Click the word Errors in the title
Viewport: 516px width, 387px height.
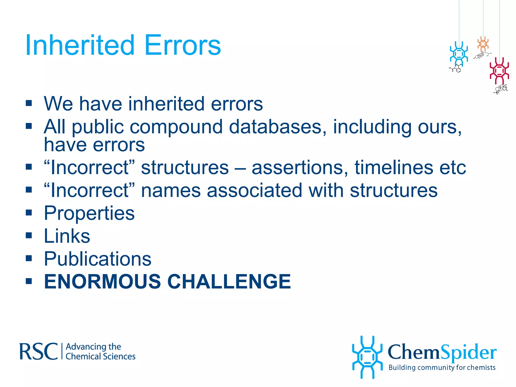coord(183,45)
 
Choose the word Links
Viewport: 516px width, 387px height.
coord(67,236)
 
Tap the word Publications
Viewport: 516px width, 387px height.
coord(98,259)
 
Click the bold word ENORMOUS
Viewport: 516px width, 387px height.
coord(102,281)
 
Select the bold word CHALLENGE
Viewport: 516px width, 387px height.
coord(229,281)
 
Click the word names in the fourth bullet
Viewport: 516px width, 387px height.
coord(171,190)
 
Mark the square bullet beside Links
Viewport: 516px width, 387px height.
coord(29,235)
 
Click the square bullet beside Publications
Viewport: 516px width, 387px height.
coord(29,258)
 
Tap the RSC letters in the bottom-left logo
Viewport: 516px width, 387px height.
coord(38,351)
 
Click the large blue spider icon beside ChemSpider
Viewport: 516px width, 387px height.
coord(367,357)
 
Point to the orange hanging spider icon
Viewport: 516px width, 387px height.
coord(483,44)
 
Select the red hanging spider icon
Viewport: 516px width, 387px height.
coord(499,71)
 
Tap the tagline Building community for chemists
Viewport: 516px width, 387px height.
coord(442,368)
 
